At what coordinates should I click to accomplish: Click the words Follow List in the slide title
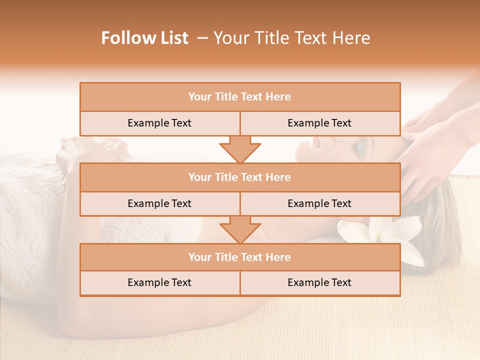click(144, 38)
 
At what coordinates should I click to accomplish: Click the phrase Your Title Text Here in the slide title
click(291, 38)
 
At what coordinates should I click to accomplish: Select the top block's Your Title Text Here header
click(239, 97)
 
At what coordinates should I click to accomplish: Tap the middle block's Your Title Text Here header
click(239, 177)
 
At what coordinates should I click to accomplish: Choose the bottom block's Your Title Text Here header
click(239, 257)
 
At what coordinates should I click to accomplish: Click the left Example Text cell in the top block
click(159, 123)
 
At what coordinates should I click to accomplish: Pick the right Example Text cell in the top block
click(319, 123)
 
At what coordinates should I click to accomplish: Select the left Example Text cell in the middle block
click(159, 203)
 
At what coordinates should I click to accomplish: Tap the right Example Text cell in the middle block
click(319, 203)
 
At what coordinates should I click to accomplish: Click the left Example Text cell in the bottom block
click(159, 282)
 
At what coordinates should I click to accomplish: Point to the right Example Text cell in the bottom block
click(319, 282)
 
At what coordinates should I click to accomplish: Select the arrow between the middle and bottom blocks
click(240, 229)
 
